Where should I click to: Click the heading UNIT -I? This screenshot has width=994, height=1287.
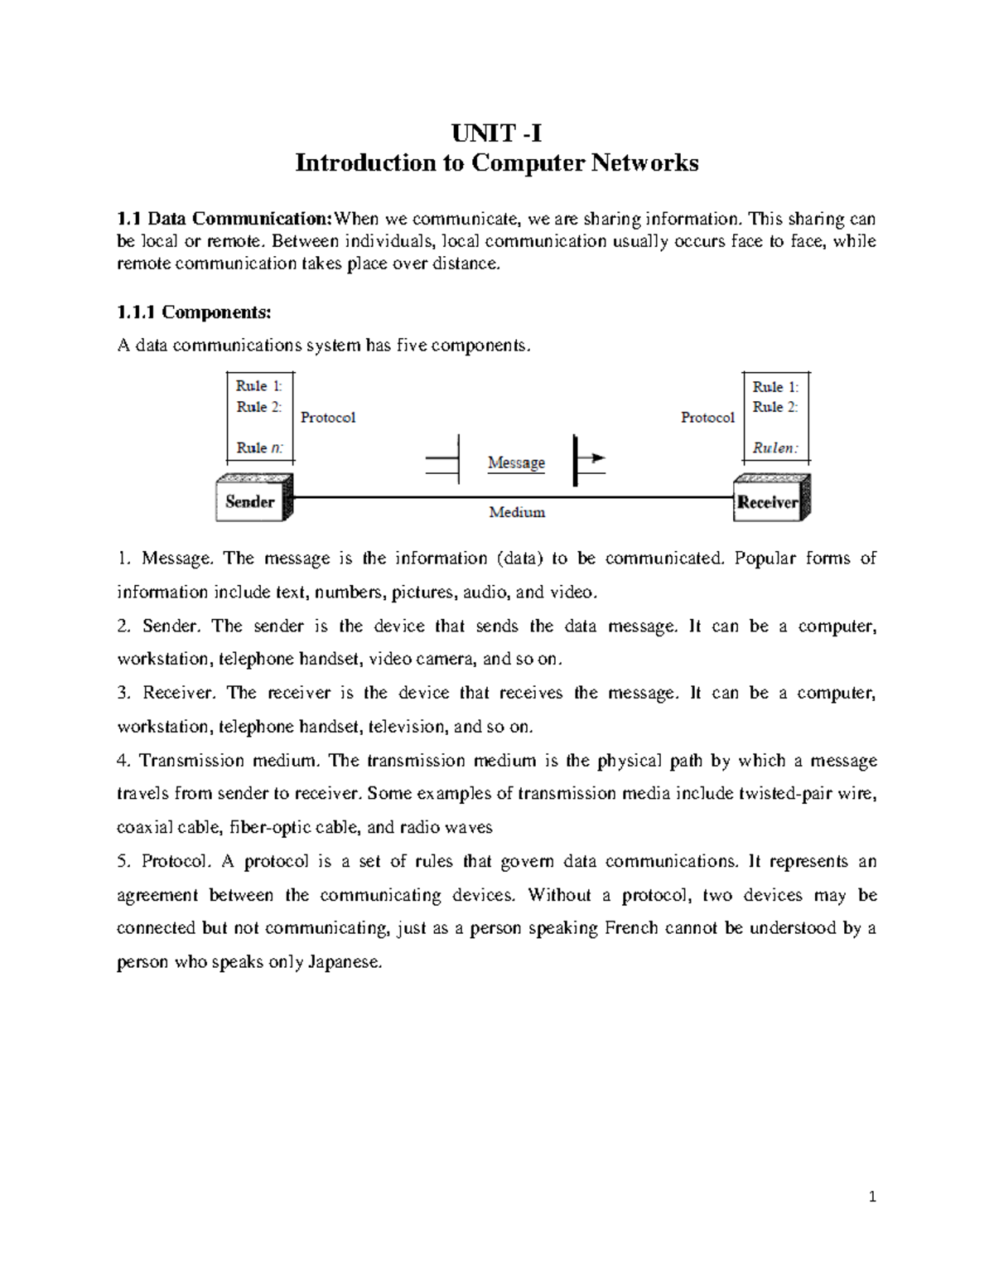(x=496, y=133)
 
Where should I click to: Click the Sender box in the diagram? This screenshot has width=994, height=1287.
(x=250, y=501)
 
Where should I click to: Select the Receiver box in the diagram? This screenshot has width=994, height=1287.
(x=768, y=502)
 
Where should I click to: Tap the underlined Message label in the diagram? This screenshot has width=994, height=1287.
(x=516, y=462)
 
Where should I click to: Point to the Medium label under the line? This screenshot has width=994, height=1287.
(x=517, y=512)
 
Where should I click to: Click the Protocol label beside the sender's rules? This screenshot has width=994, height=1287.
(x=328, y=418)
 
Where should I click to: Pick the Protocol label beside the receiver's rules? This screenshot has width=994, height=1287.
(x=707, y=418)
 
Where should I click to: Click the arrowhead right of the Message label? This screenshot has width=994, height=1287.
(x=597, y=457)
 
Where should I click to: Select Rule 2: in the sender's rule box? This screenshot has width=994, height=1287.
(x=259, y=407)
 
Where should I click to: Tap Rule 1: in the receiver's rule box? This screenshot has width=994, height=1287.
(x=775, y=386)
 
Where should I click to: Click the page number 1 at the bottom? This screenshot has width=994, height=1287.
(x=872, y=1196)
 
